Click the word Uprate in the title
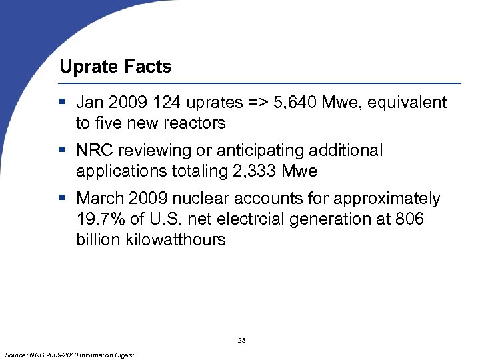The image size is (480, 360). tap(84, 67)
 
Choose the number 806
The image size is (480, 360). tap(409, 219)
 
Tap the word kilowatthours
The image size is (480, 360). tap(175, 240)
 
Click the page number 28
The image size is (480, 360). tap(241, 341)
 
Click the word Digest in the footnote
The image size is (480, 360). tap(123, 355)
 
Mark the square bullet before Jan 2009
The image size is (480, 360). tap(61, 103)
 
